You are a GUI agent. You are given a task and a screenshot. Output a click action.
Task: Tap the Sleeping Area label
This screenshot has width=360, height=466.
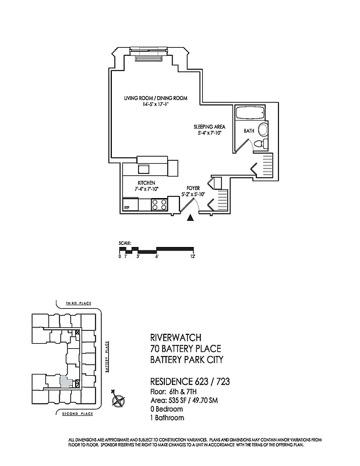[x=210, y=126]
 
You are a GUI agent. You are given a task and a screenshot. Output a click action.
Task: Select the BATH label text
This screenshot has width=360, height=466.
[x=249, y=131]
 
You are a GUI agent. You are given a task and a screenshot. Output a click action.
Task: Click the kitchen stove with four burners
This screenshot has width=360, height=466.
[x=159, y=204]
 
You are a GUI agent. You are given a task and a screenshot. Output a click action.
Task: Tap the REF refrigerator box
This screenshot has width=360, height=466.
[x=127, y=207]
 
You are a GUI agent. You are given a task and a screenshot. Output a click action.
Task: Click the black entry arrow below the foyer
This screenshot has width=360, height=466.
[x=190, y=218]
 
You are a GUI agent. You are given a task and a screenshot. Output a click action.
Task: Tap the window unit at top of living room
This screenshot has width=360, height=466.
[x=151, y=57]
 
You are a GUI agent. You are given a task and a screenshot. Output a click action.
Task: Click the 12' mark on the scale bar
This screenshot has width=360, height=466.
[x=192, y=256]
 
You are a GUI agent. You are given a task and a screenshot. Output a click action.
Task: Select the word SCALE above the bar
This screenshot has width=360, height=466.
[x=125, y=243]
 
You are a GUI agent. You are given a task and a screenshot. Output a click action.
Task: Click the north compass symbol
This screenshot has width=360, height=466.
[x=119, y=400]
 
